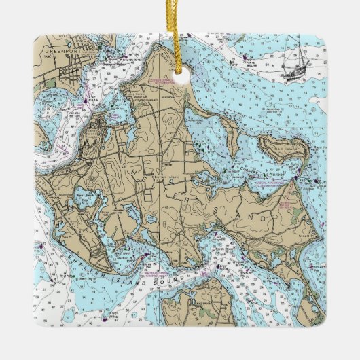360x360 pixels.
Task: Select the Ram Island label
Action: pos(276,145)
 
